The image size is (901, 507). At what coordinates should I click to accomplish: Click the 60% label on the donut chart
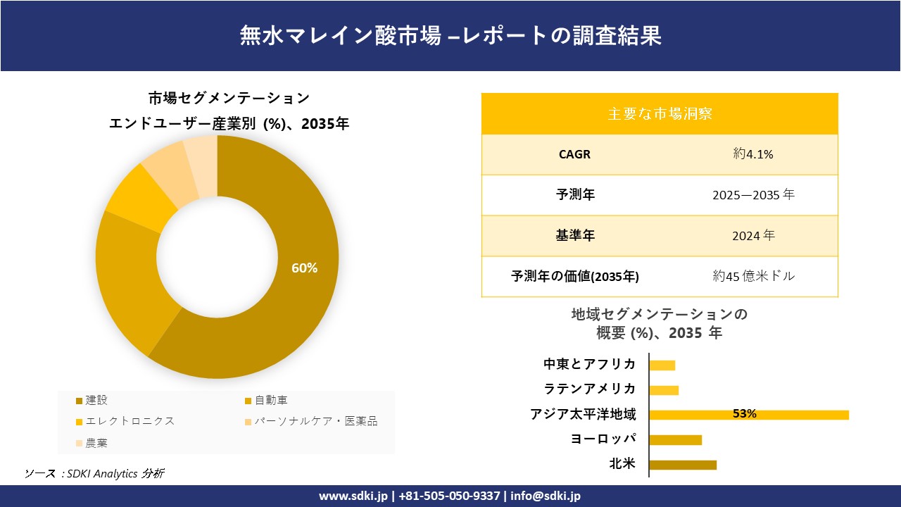click(305, 268)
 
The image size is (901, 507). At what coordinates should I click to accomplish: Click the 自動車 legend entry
click(271, 401)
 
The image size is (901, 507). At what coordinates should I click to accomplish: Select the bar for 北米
click(682, 465)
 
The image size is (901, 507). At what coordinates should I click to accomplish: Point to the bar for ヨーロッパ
click(675, 439)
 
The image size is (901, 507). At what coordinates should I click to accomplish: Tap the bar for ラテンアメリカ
click(663, 389)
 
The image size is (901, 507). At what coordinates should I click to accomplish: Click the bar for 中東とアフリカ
click(662, 365)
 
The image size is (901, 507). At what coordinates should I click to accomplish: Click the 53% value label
click(744, 414)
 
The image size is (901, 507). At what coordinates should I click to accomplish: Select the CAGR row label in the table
click(574, 155)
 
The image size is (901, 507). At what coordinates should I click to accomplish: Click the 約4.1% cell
click(753, 155)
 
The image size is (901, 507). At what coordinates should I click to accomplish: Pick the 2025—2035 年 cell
click(753, 195)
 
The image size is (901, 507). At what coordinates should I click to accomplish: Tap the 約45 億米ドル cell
click(753, 277)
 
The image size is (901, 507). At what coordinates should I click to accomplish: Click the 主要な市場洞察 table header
click(660, 113)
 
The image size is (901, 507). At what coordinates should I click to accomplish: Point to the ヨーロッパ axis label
click(604, 439)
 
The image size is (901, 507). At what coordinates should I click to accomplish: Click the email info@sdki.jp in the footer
click(546, 496)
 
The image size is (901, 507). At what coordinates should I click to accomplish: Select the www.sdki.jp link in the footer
click(353, 496)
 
